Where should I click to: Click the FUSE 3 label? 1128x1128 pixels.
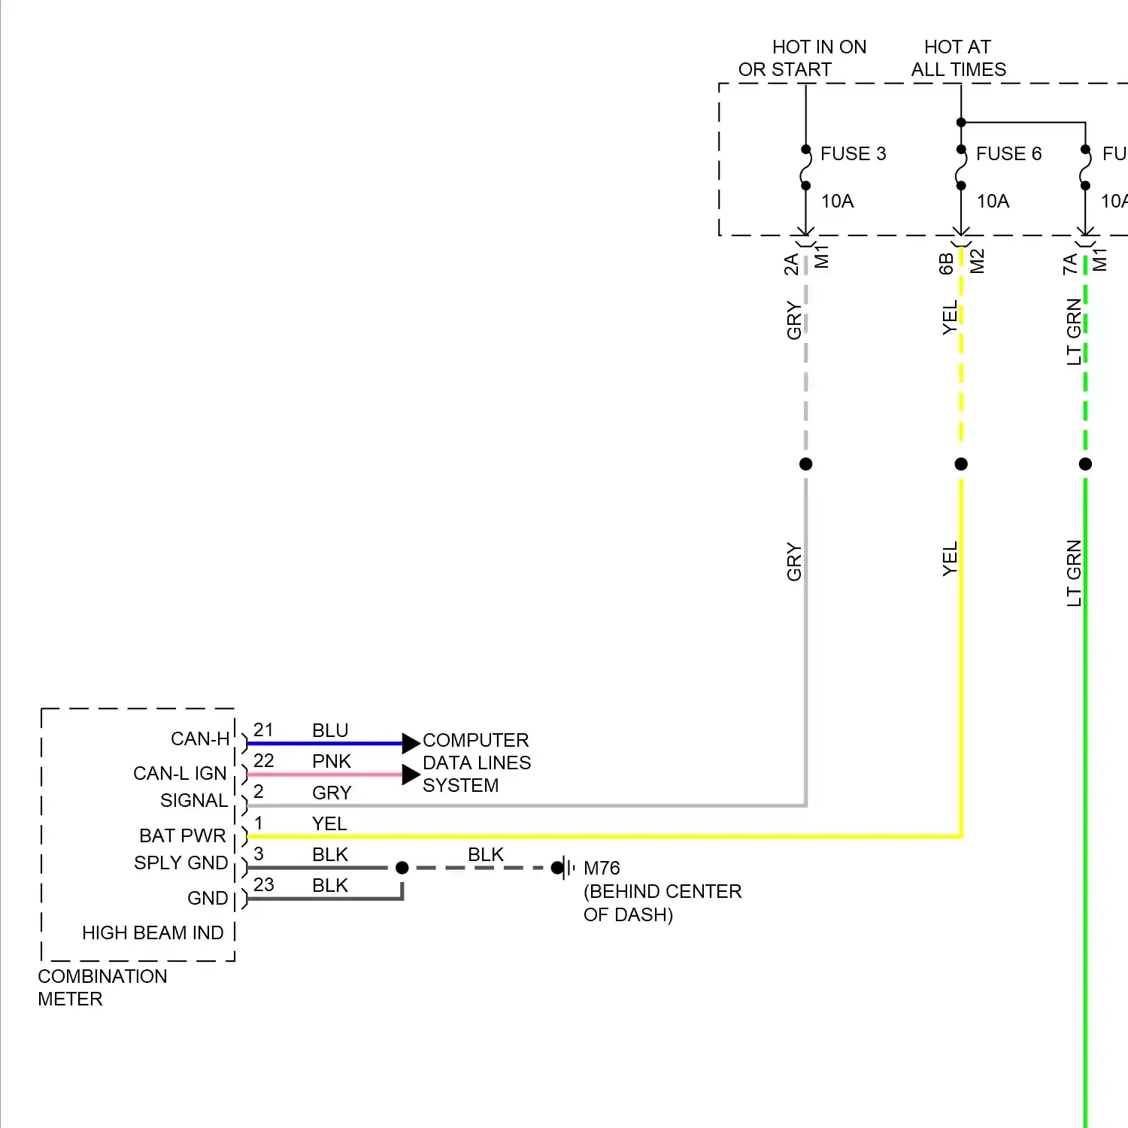click(x=853, y=154)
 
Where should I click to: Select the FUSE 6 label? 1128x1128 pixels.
click(x=1008, y=154)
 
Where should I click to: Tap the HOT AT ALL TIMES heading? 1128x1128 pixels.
click(x=958, y=59)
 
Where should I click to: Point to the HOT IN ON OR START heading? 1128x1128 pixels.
click(x=802, y=59)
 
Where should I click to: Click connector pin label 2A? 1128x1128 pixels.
click(x=791, y=265)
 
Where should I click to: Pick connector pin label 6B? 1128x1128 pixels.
click(x=947, y=264)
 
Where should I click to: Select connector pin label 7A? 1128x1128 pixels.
click(x=1070, y=264)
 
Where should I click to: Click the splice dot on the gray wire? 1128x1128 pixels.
click(x=806, y=464)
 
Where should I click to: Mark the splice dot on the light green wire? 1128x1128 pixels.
click(x=1085, y=464)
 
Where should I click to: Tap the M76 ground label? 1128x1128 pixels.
click(x=602, y=869)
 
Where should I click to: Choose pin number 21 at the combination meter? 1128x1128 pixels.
click(x=263, y=730)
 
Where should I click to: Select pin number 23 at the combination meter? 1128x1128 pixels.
click(x=263, y=885)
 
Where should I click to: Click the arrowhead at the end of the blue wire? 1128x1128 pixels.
click(x=411, y=744)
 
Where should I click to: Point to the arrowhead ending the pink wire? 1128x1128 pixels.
click(x=411, y=775)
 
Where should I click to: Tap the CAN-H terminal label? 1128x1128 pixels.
click(x=200, y=739)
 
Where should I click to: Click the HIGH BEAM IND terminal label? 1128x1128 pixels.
click(x=153, y=933)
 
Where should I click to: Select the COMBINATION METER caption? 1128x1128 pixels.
click(x=102, y=987)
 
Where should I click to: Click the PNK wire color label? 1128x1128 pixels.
click(x=332, y=762)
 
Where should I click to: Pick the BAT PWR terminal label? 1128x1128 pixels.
click(x=183, y=836)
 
